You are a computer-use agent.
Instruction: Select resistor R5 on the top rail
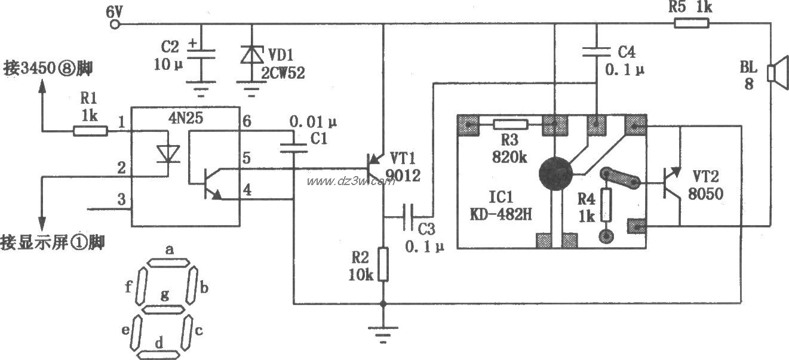[x=692, y=24]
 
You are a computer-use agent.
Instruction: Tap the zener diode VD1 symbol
[x=252, y=54]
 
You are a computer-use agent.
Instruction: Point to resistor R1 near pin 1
[x=90, y=130]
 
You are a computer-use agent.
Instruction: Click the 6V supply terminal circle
[x=115, y=24]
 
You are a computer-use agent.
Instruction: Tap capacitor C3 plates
[x=410, y=211]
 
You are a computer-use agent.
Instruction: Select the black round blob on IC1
[x=555, y=174]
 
